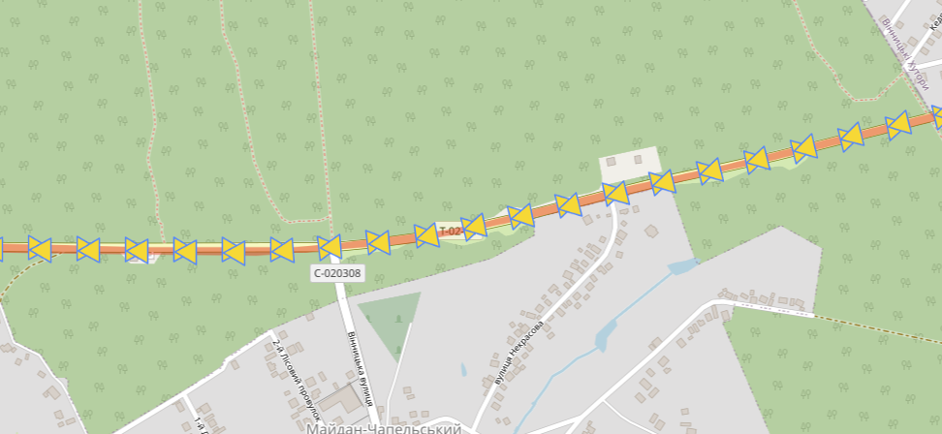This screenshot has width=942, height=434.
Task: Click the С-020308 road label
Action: [337, 273]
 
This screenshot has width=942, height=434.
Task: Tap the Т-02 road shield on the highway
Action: [450, 232]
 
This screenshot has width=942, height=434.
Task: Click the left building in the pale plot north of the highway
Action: [612, 161]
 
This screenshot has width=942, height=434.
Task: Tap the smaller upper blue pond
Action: [681, 264]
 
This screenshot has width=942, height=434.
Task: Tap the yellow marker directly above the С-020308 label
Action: [330, 247]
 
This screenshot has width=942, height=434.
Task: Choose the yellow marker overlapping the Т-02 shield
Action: [473, 226]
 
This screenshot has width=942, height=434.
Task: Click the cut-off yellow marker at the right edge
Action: [937, 115]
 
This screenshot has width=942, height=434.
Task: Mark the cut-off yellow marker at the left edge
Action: [2, 248]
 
